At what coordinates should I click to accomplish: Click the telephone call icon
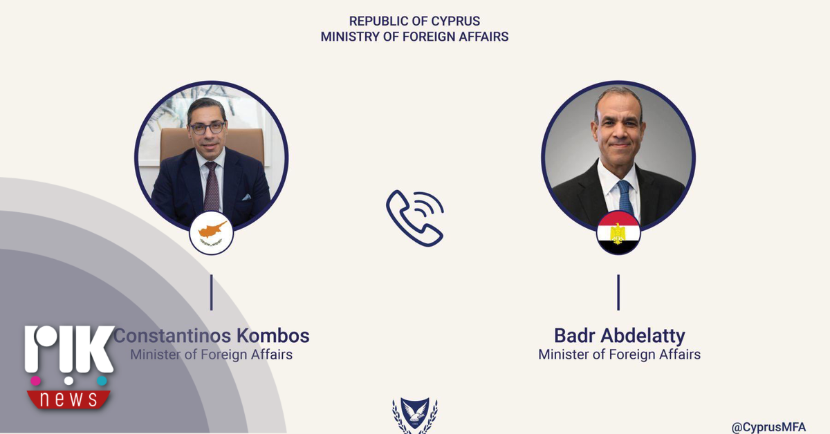coord(415,218)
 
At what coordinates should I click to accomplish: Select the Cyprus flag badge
coord(211,233)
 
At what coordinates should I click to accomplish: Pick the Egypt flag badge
coord(618,233)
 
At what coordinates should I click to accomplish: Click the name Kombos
coord(273,336)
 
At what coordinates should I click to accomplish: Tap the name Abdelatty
coord(643,337)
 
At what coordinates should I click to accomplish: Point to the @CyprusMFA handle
coord(768,427)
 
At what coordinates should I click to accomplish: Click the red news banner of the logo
coord(68,399)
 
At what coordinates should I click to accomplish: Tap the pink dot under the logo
coord(35,381)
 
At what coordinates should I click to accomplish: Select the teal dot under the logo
coord(102,381)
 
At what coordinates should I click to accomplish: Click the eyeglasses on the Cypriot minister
coord(207,128)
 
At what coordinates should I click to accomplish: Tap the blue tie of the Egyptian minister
coord(625,198)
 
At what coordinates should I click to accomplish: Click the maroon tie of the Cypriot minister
coord(212,187)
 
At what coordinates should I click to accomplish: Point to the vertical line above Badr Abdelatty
coord(618,292)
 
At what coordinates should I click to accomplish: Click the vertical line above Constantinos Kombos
coord(211,292)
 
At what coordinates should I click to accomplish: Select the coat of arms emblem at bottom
coord(415,415)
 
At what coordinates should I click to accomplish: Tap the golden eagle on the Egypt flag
coord(618,234)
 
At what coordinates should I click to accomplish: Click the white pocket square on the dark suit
coord(246,197)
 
